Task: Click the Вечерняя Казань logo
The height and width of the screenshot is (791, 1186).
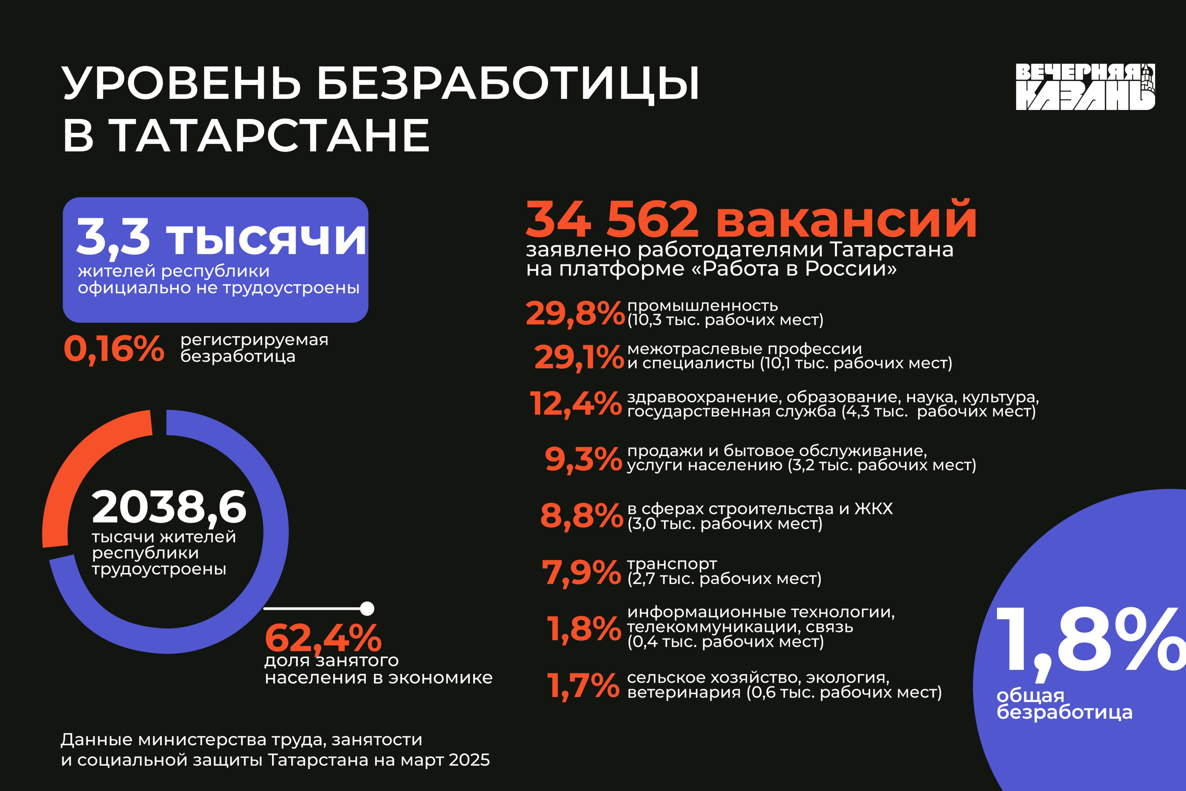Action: pos(1085,86)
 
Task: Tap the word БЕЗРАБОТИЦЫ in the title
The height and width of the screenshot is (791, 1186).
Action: pos(508,83)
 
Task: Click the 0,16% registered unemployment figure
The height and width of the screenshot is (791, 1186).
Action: pos(114,349)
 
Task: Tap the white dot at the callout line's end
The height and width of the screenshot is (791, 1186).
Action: pos(368,608)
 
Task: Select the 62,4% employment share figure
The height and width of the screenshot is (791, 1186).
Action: pos(323,638)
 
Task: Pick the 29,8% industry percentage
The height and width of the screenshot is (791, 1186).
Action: pos(575,313)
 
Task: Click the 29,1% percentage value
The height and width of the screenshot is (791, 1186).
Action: pos(579,357)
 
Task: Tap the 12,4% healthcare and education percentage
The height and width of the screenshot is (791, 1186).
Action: pos(575,404)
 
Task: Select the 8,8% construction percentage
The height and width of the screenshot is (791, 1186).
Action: pos(581,516)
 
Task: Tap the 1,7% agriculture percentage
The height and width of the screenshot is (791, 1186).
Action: pos(583,686)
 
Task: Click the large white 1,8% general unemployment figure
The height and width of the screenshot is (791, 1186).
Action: pos(1089,640)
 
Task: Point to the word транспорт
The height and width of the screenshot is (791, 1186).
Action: pos(672,564)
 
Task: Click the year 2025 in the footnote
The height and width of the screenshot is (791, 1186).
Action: pos(469,760)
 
